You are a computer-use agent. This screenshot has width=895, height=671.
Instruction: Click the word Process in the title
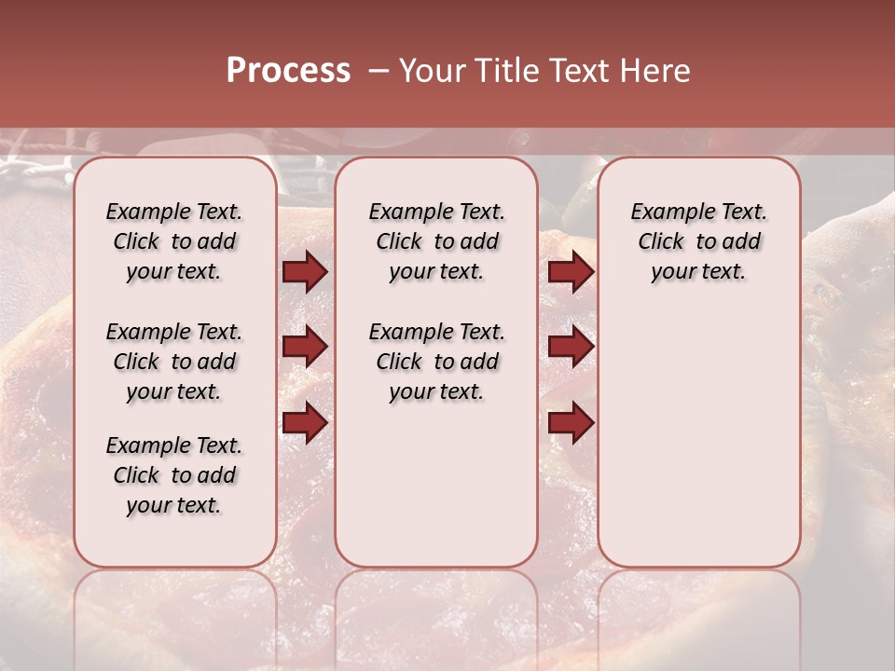pyautogui.click(x=288, y=71)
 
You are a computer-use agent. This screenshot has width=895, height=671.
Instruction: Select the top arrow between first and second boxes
pyautogui.click(x=305, y=272)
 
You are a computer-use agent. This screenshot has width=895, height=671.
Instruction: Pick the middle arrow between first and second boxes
pyautogui.click(x=305, y=348)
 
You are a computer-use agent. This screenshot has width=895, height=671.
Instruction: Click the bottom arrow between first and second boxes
pyautogui.click(x=305, y=422)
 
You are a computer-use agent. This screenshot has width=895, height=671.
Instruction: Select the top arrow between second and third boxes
pyautogui.click(x=571, y=272)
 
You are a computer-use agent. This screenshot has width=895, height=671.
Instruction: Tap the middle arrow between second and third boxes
pyautogui.click(x=571, y=348)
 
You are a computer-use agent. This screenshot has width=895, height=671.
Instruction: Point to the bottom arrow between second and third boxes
pyautogui.click(x=571, y=423)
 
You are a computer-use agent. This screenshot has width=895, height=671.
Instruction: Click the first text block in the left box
pyautogui.click(x=174, y=241)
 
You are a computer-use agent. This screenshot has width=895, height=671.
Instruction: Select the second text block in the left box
pyautogui.click(x=174, y=362)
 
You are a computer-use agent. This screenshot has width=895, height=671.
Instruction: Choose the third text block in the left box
pyautogui.click(x=174, y=475)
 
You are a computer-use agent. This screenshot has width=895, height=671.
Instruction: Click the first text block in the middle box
pyautogui.click(x=436, y=241)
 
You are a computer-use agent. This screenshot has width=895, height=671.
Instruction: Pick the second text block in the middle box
pyautogui.click(x=436, y=362)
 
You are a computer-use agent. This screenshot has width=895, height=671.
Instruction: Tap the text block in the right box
pyautogui.click(x=699, y=241)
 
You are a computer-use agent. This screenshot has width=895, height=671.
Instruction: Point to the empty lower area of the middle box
pyautogui.click(x=436, y=485)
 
